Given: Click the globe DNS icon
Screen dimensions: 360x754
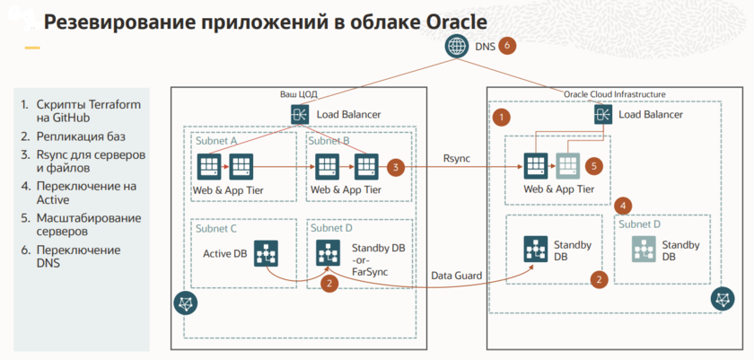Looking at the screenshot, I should tap(458, 45).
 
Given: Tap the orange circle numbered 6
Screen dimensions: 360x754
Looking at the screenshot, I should tap(507, 44).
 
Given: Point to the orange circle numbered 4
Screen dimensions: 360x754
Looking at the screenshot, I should tap(625, 205).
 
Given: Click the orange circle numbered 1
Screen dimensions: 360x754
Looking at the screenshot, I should tap(503, 117).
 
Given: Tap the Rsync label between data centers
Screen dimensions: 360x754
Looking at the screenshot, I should tap(456, 159).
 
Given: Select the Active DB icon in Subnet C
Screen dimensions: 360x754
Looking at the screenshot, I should tap(266, 253).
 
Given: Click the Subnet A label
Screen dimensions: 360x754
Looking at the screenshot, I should tap(216, 141).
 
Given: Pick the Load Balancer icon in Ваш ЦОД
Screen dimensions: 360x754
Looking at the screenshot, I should tap(299, 114).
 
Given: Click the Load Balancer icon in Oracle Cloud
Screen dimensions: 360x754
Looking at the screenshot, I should tap(602, 115).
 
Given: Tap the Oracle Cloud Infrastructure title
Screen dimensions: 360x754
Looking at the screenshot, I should tap(615, 93).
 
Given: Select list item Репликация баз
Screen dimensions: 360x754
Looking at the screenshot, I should tap(74, 137).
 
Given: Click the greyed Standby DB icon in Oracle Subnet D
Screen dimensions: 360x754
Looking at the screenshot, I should tap(642, 250).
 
